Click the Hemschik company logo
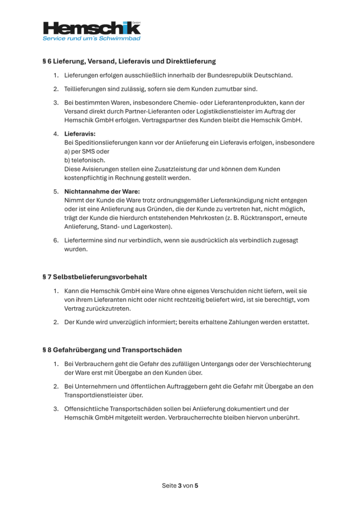pyautogui.click(x=91, y=28)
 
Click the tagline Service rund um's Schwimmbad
pyautogui.click(x=91, y=38)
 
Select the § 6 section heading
pyautogui.click(x=129, y=61)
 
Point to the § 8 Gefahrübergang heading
pyautogui.click(x=112, y=350)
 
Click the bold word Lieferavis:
pyautogui.click(x=80, y=134)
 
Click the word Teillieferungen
pyautogui.click(x=88, y=89)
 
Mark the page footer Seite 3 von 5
pyautogui.click(x=180, y=486)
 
